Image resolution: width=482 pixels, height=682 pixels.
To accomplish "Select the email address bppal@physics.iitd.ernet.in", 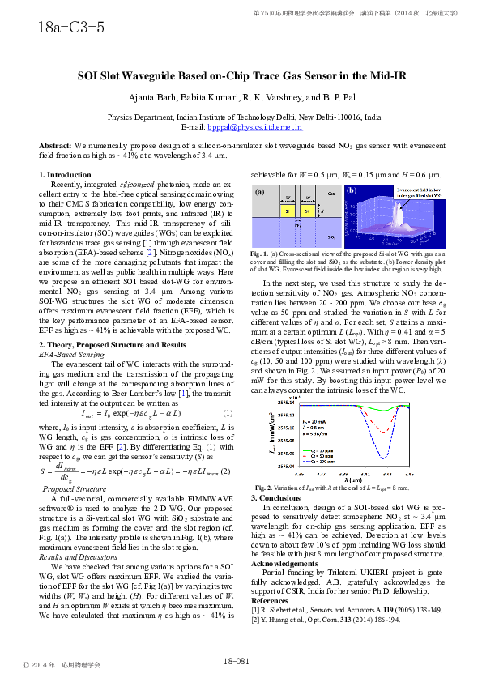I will pos(254,127).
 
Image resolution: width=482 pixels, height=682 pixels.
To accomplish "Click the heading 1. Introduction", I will pos(66,175).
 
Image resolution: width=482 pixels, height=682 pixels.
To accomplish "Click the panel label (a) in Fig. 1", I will pos(260,193).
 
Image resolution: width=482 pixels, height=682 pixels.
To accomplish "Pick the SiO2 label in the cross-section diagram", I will pos(331,237).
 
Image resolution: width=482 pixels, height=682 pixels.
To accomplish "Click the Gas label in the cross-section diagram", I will pos(331,194).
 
